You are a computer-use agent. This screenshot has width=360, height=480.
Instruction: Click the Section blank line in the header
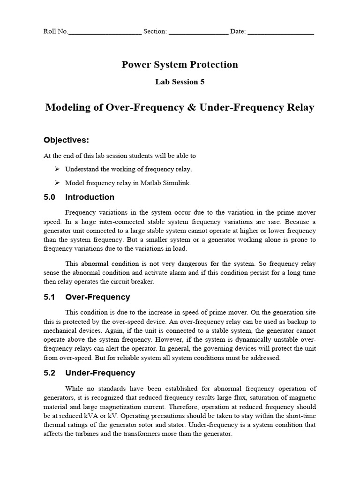(198, 33)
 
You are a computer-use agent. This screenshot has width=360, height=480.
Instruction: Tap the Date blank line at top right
(280, 33)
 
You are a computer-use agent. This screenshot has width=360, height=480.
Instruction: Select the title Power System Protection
(180, 65)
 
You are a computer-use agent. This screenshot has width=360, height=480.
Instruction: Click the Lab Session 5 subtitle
(180, 82)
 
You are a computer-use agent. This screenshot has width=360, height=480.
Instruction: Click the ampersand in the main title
(192, 107)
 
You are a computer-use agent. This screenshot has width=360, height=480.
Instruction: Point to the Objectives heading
(66, 140)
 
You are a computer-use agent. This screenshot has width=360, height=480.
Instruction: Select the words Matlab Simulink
(169, 183)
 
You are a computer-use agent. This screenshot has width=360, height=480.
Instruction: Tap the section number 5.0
(49, 197)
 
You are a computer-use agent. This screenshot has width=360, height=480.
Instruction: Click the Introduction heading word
(90, 197)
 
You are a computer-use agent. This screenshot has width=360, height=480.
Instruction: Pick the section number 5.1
(49, 297)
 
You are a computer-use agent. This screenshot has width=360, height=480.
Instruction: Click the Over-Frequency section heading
(97, 297)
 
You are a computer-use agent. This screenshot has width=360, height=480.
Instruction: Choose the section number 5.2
(49, 373)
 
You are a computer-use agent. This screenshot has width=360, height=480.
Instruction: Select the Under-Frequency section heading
(100, 373)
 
